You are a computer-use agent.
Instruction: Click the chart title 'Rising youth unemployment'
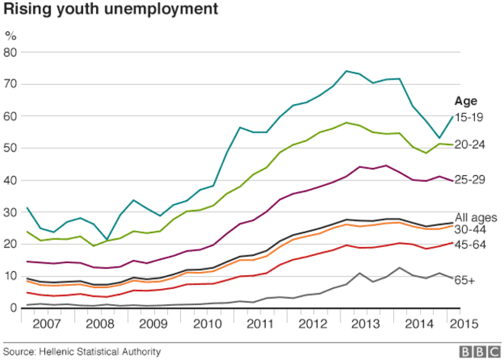pos(111,11)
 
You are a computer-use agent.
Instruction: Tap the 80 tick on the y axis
pos(10,52)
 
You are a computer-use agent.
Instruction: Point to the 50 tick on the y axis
pos(10,148)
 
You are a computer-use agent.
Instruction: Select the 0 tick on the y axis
pos(13,307)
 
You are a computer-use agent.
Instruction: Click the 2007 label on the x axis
pos(47,323)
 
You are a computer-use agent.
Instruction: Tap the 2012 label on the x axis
pos(313,323)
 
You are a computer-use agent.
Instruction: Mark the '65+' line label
pos(466,281)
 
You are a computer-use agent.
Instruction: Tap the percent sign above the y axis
pos(11,35)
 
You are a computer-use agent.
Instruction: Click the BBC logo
pos(477,351)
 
